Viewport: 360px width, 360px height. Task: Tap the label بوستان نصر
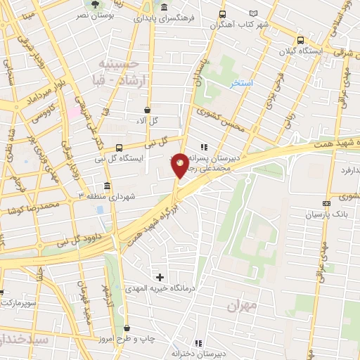[92, 14]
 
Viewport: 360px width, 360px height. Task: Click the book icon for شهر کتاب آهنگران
[254, 13]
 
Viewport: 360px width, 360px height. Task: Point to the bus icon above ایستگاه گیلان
[301, 40]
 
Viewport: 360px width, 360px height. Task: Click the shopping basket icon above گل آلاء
[147, 110]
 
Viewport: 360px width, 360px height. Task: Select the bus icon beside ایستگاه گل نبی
[119, 148]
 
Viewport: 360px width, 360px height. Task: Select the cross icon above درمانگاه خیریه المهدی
[160, 277]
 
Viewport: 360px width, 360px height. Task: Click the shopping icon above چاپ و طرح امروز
[127, 328]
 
